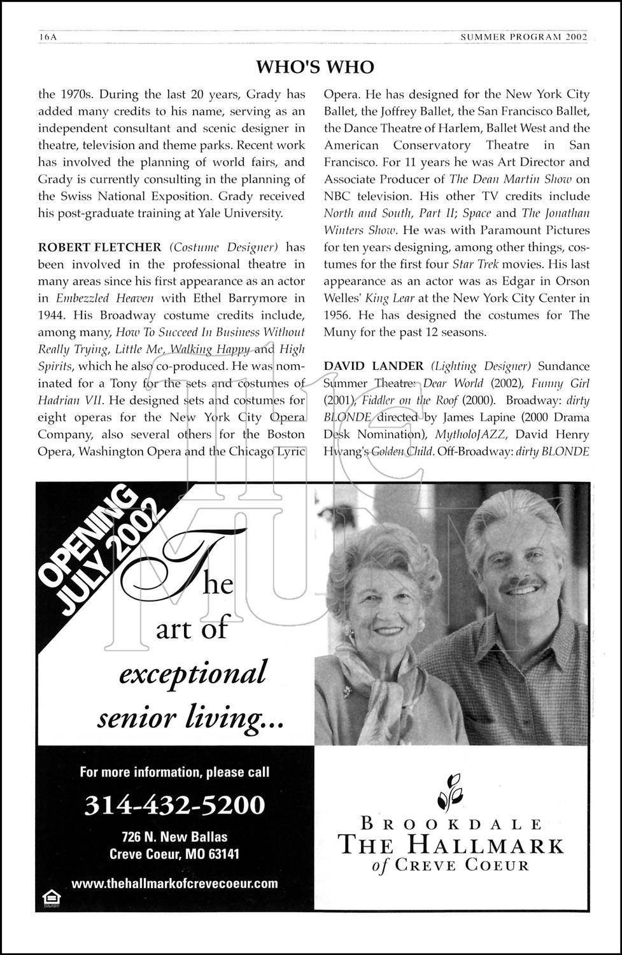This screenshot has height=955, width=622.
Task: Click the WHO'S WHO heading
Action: [315, 67]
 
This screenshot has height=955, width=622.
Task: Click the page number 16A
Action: [48, 38]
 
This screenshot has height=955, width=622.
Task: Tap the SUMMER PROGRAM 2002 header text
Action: [523, 38]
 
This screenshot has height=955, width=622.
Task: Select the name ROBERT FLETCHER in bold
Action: [101, 247]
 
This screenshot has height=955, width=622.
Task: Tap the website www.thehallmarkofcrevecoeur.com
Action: [174, 883]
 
